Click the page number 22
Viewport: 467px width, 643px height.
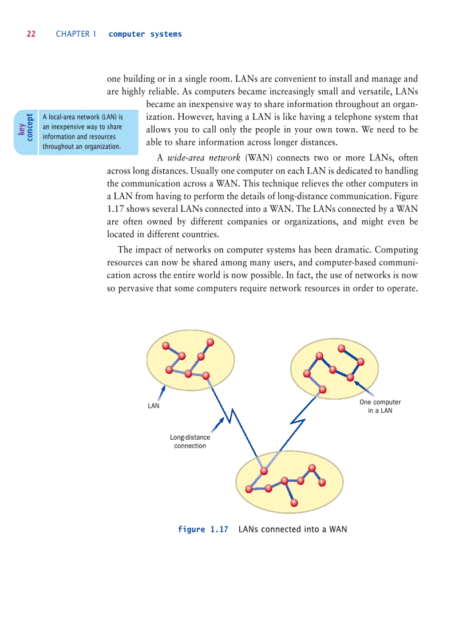tap(31, 34)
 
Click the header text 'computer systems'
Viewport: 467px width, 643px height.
tap(145, 34)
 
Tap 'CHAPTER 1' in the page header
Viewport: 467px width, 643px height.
tap(73, 34)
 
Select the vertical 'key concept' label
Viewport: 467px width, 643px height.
tap(25, 132)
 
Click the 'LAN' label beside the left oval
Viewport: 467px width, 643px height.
tap(153, 406)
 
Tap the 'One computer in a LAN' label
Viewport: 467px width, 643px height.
tap(380, 407)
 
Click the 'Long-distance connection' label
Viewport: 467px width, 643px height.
tap(190, 441)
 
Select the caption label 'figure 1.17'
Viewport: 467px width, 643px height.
tap(203, 530)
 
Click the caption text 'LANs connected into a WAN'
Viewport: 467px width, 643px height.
tap(292, 530)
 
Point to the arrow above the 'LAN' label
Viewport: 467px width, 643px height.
tap(163, 393)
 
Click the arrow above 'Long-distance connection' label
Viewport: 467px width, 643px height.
tap(217, 424)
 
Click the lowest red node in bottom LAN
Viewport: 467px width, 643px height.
tap(294, 503)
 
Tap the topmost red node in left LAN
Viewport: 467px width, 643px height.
tap(210, 342)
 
